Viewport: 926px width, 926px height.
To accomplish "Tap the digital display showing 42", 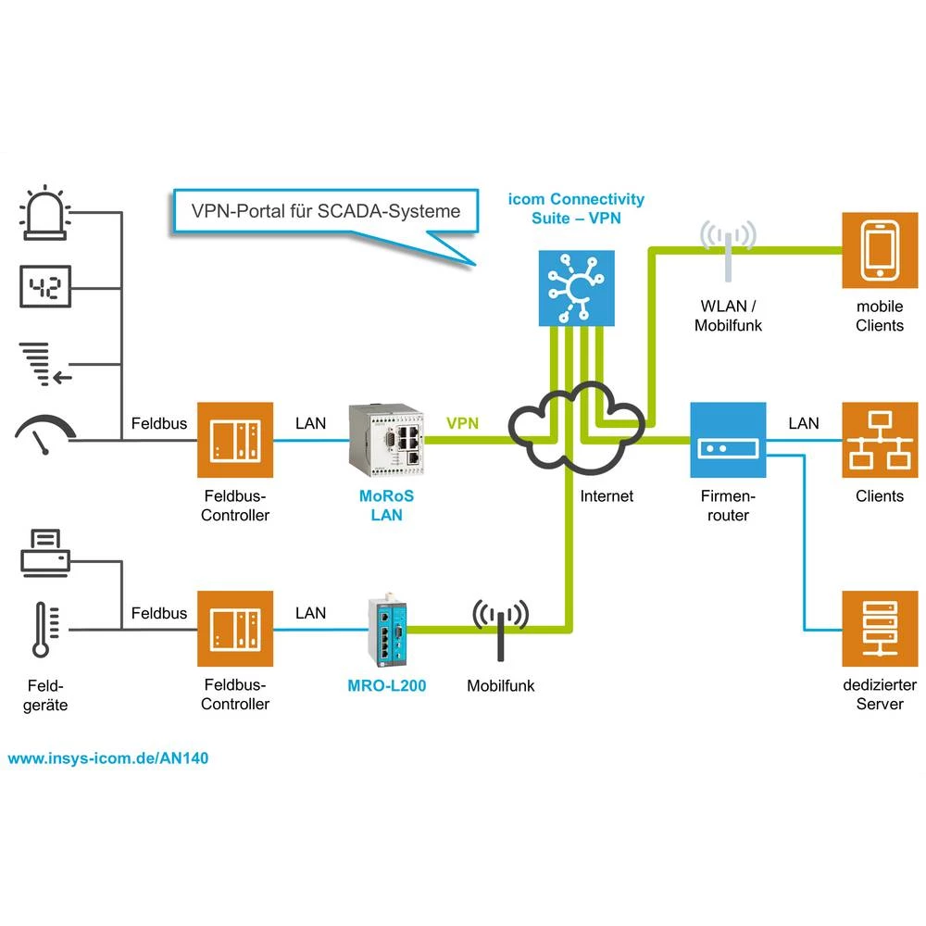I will [44, 288].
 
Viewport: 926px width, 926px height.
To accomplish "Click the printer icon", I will [44, 553].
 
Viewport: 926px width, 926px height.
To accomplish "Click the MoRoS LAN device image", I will [386, 435].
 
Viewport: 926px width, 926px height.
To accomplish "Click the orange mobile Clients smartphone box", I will [879, 249].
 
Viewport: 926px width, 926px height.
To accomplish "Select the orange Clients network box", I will [879, 439].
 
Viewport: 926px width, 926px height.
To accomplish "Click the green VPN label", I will [463, 423].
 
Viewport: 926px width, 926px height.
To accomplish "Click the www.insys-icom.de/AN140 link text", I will [108, 757].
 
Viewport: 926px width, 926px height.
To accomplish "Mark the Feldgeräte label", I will [46, 695].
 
